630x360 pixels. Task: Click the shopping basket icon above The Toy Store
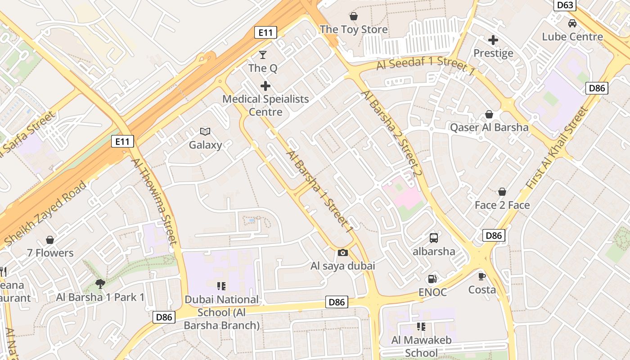354,16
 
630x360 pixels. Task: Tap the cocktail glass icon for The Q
263,55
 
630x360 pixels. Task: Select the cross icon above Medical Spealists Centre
265,85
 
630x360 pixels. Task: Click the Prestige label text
493,53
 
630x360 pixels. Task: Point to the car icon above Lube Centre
572,23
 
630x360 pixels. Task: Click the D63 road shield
565,5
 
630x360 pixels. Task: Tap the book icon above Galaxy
205,131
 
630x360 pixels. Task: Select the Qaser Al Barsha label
489,127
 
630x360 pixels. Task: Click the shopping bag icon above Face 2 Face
502,192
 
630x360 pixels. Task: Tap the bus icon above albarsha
434,238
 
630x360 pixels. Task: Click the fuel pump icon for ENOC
432,279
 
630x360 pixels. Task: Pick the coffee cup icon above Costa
482,276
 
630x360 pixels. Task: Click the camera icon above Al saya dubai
342,252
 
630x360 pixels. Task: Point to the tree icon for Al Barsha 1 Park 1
100,283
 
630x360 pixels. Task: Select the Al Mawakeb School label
421,346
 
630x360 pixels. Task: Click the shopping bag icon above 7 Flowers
50,240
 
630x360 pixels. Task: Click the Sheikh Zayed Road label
45,214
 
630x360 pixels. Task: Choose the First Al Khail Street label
557,148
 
